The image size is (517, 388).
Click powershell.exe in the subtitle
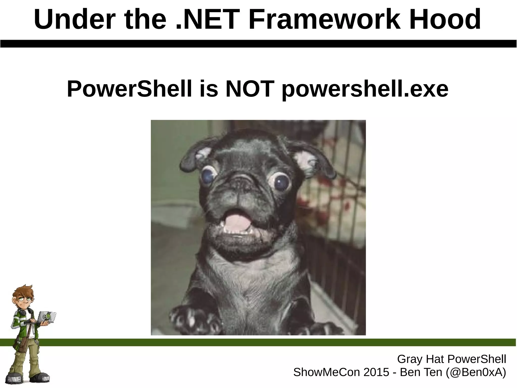pyautogui.click(x=365, y=89)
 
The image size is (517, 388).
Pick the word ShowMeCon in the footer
pyautogui.click(x=327, y=372)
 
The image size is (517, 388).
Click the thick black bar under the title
pyautogui.click(x=258, y=43)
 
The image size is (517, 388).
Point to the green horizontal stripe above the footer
pyautogui.click(x=278, y=342)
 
